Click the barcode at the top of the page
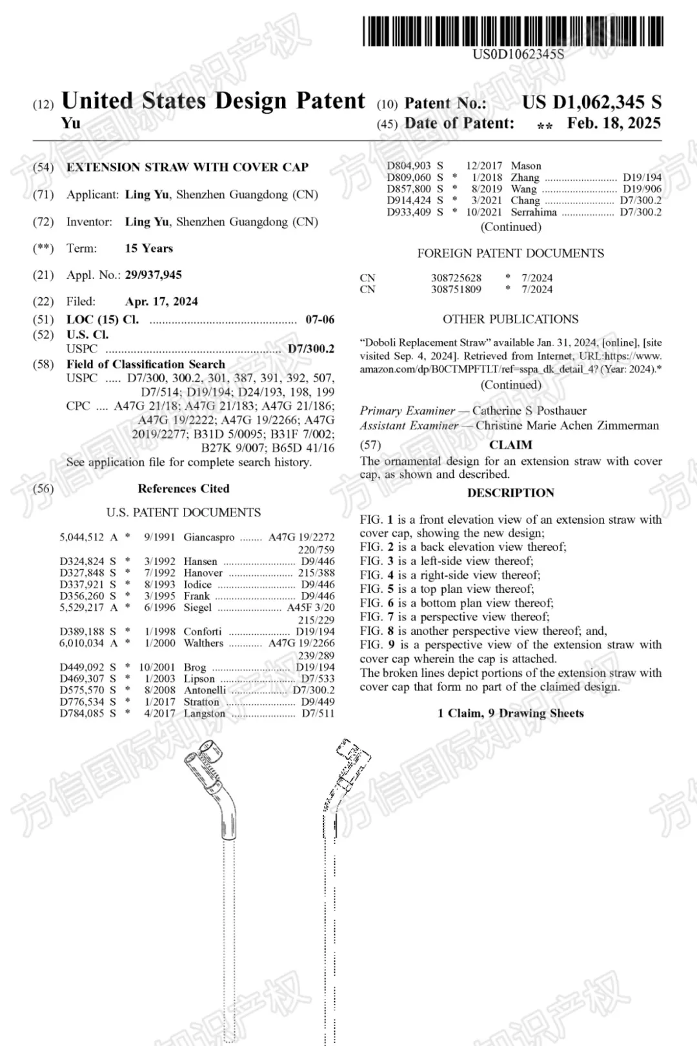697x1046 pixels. pyautogui.click(x=513, y=30)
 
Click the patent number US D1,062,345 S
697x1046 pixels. pyautogui.click(x=591, y=103)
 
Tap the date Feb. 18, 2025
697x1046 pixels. pyautogui.click(x=614, y=123)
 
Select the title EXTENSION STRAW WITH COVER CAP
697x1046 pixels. pyautogui.click(x=187, y=167)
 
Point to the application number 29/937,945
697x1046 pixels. pyautogui.click(x=154, y=275)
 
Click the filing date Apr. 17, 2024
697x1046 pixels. pyautogui.click(x=161, y=302)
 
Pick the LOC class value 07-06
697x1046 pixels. pyautogui.click(x=319, y=320)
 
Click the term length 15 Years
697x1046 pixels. pyautogui.click(x=149, y=249)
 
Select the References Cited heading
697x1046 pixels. pyautogui.click(x=183, y=489)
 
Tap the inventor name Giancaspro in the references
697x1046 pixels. pyautogui.click(x=209, y=537)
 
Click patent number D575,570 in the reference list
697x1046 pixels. pyautogui.click(x=82, y=690)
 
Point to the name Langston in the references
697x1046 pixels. pyautogui.click(x=205, y=713)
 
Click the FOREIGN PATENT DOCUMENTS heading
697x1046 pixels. pyautogui.click(x=510, y=254)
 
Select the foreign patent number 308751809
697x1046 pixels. pyautogui.click(x=456, y=289)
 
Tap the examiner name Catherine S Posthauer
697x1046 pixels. pyautogui.click(x=529, y=411)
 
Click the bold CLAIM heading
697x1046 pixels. pyautogui.click(x=510, y=445)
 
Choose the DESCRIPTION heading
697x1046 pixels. pyautogui.click(x=510, y=493)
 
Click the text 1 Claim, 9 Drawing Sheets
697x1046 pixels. pyautogui.click(x=510, y=713)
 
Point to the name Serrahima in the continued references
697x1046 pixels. pyautogui.click(x=534, y=212)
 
